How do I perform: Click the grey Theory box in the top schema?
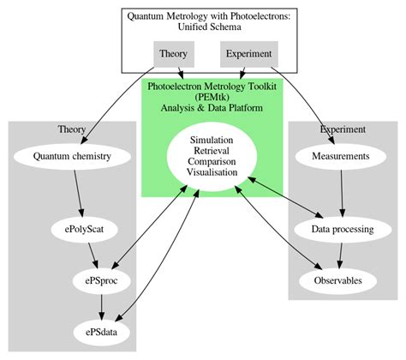coord(173,54)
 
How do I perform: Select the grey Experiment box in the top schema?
coord(248,54)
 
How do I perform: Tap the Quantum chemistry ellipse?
coord(72,157)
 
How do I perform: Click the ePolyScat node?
coord(85,230)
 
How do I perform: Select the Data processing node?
coord(343,230)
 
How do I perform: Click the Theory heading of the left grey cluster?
coord(72,129)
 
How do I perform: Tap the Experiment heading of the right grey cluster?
coord(343,129)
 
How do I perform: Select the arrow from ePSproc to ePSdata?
coord(102,305)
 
